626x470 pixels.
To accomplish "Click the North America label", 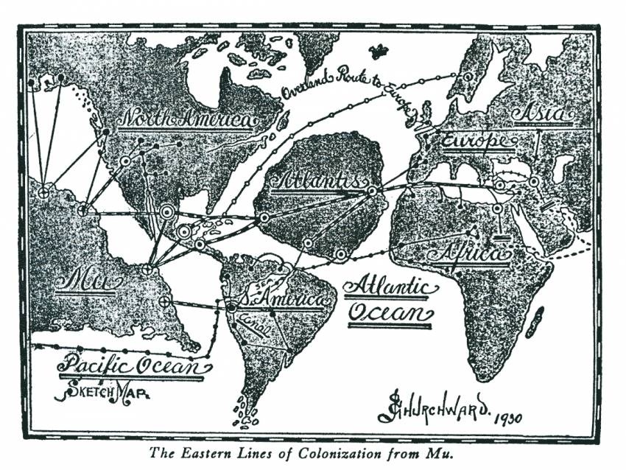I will pos(187,118).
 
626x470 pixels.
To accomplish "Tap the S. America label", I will pos(284,301).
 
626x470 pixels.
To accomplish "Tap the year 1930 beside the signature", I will pos(507,418).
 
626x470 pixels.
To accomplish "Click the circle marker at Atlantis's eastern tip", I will pos(373,190).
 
